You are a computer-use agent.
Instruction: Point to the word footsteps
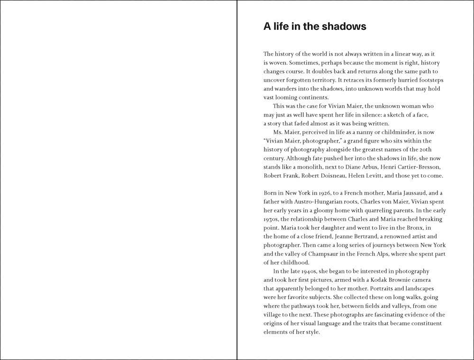pyautogui.click(x=428, y=80)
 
